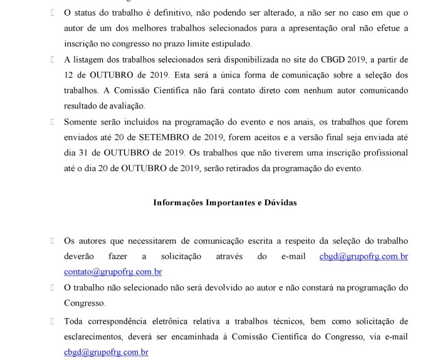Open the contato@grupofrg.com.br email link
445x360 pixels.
pos(113,272)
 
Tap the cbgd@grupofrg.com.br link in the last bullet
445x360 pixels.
pos(106,352)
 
